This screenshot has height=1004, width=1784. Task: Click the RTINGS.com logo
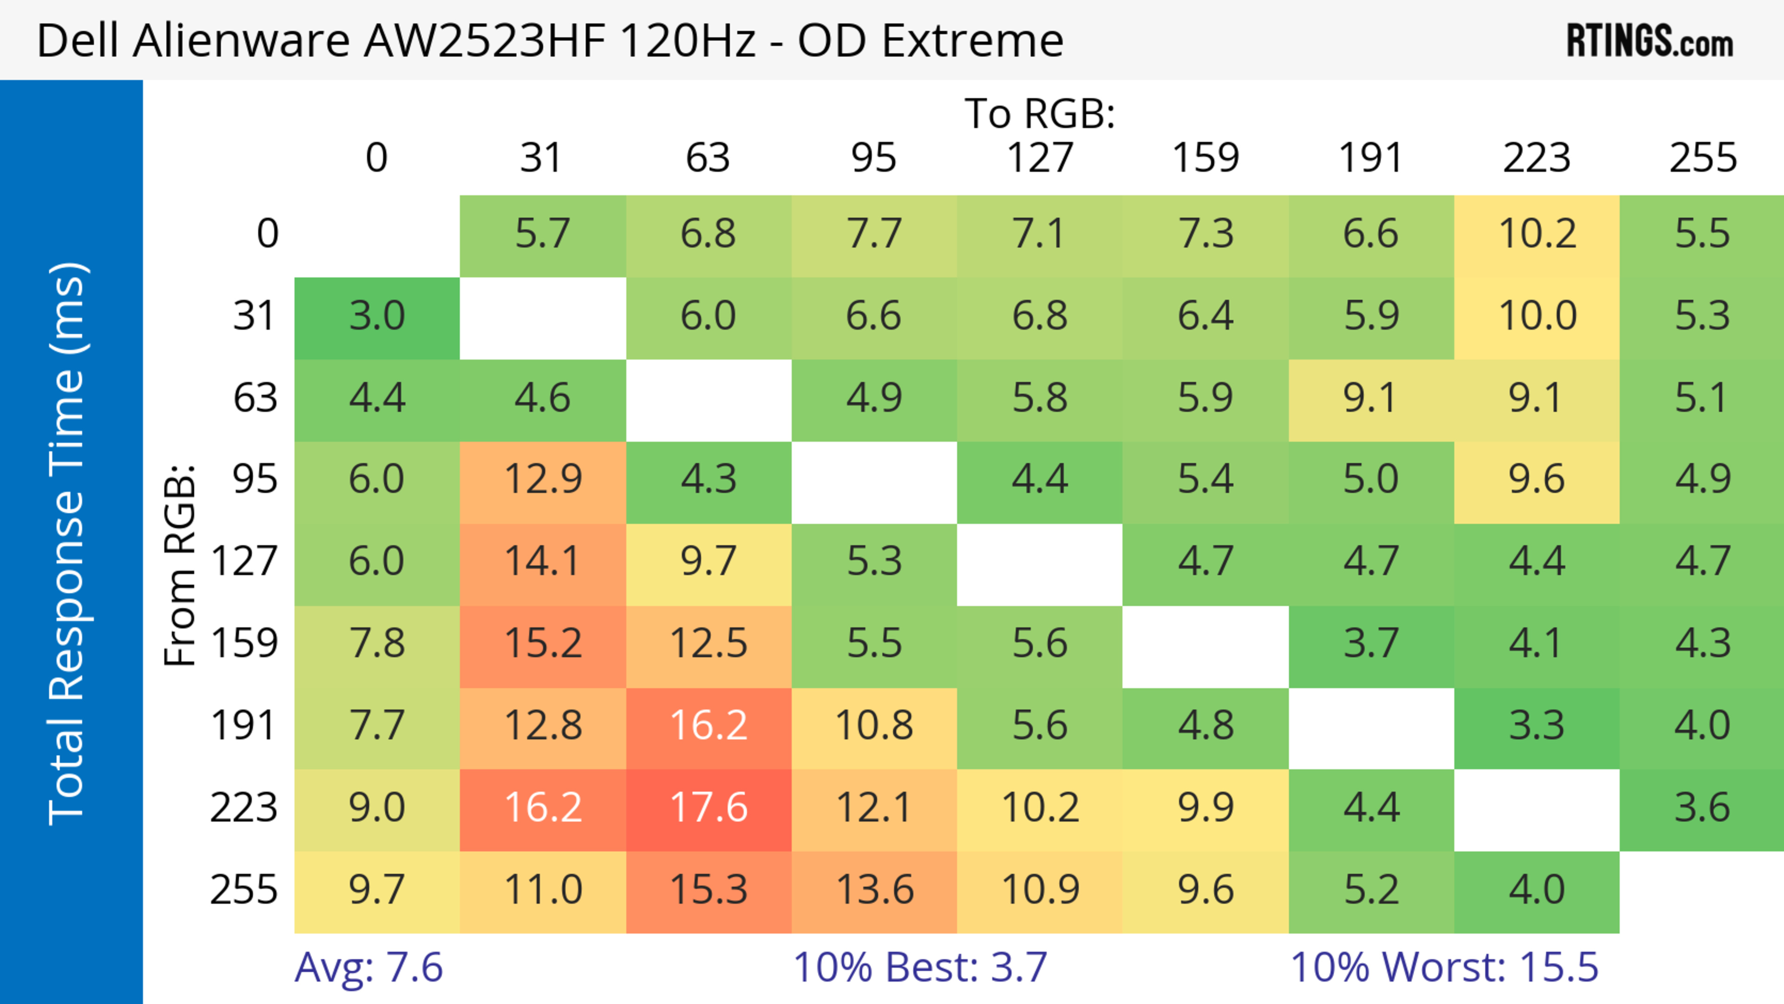pyautogui.click(x=1650, y=41)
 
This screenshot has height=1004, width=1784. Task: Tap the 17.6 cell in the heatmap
pyautogui.click(x=708, y=808)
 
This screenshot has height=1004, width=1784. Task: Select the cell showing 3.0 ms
pyautogui.click(x=377, y=316)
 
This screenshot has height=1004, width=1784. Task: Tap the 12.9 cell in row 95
pyautogui.click(x=542, y=479)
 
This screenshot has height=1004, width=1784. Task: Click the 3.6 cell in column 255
pyautogui.click(x=1702, y=808)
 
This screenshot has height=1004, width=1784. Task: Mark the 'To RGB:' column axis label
pyautogui.click(x=1040, y=113)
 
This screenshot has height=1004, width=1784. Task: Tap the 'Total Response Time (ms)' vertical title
pyautogui.click(x=67, y=544)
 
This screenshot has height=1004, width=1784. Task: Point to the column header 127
pyautogui.click(x=1040, y=158)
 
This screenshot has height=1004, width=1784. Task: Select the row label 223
pyautogui.click(x=244, y=808)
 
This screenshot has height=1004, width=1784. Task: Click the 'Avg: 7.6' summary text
pyautogui.click(x=368, y=967)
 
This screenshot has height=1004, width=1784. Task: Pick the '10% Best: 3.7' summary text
pyautogui.click(x=920, y=967)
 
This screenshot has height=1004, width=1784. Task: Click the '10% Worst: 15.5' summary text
pyautogui.click(x=1444, y=967)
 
